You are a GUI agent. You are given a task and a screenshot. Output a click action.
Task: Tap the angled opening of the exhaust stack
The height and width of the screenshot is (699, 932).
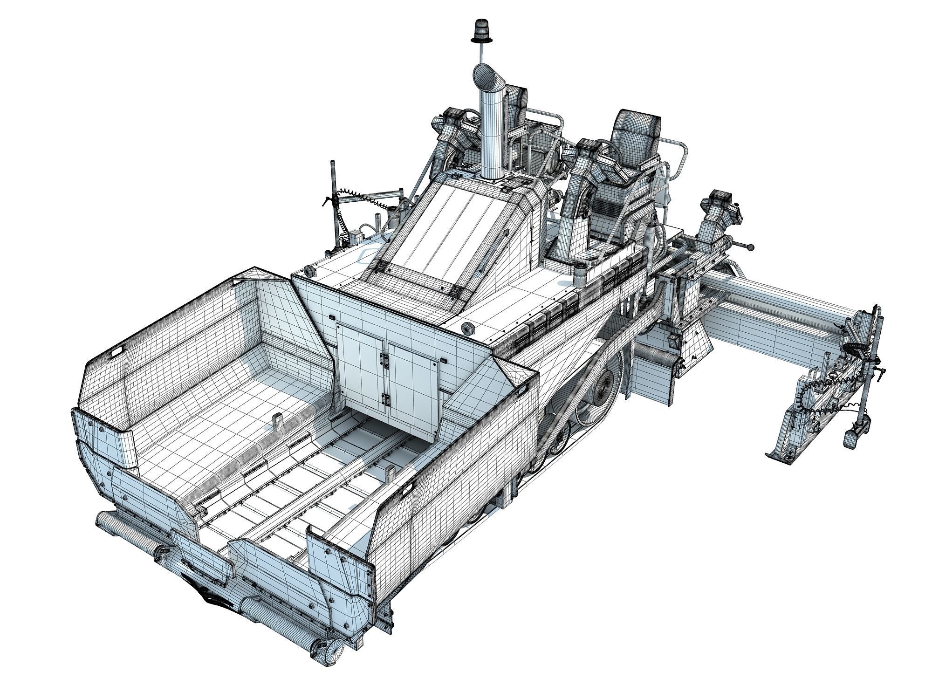(x=485, y=78)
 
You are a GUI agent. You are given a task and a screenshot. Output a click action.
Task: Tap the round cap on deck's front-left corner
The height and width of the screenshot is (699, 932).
(x=308, y=271)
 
